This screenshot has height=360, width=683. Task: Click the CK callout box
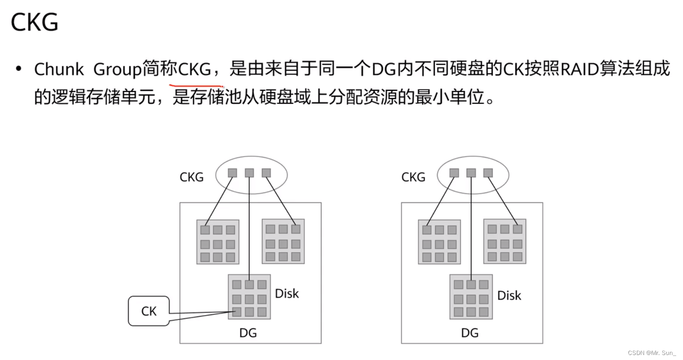click(149, 311)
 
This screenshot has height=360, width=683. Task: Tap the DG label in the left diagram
click(248, 333)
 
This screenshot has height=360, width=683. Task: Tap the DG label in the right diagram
click(470, 333)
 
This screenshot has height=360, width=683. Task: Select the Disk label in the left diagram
click(287, 293)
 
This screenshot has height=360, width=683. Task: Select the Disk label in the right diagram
click(509, 296)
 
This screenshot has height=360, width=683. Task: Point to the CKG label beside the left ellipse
click(192, 177)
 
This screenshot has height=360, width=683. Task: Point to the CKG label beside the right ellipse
click(413, 177)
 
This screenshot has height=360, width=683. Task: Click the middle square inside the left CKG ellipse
click(249, 173)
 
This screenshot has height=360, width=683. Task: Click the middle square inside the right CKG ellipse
click(471, 173)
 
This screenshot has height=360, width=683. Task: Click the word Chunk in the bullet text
click(59, 69)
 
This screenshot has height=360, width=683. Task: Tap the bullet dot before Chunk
click(19, 69)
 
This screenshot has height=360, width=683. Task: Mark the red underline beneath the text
click(196, 85)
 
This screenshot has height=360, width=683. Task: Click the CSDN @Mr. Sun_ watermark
click(652, 353)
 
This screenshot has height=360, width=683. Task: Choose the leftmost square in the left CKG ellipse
click(233, 173)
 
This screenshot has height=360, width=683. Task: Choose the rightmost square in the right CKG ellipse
click(488, 173)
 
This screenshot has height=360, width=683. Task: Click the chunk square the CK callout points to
click(237, 312)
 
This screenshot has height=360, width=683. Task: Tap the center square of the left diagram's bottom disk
click(249, 299)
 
